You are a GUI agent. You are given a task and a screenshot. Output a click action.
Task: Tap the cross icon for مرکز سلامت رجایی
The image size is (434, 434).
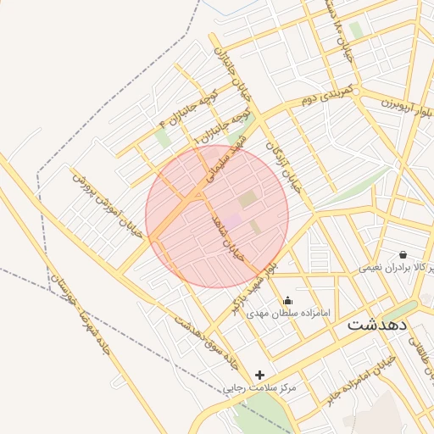[x=259, y=375]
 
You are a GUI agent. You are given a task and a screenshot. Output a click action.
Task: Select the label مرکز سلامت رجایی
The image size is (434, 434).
[x=260, y=388]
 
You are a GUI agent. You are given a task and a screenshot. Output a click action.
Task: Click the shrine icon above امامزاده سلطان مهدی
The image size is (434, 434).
[x=287, y=300]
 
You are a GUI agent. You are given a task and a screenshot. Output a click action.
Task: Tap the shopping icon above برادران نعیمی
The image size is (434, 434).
[x=402, y=254]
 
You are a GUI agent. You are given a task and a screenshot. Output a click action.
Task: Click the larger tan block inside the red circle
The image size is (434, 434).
[x=248, y=200]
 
